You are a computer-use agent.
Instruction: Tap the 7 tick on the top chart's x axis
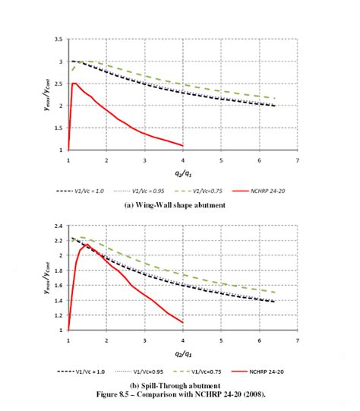297,160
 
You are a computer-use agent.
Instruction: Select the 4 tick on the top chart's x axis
182,160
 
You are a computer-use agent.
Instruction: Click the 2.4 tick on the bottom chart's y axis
58,226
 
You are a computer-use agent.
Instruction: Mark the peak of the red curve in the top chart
74,84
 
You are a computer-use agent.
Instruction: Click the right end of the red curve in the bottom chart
183,322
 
